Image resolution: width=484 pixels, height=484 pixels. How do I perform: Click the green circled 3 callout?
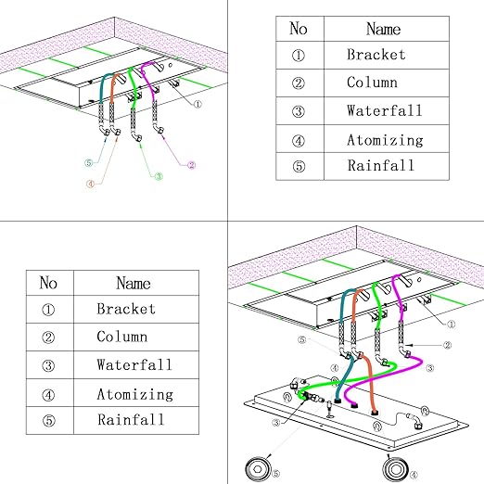pos(159,176)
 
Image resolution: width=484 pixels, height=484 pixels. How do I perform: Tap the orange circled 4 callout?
pos(90,185)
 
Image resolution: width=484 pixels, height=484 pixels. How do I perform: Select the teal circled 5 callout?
pos(89,162)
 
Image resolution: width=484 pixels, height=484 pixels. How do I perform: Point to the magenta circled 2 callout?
pos(192,165)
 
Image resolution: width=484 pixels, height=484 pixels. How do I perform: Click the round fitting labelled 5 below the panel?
pos(257,469)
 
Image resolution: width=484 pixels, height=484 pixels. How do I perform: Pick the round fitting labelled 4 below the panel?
pos(395,469)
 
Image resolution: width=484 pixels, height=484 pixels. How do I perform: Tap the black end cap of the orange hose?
pos(375,413)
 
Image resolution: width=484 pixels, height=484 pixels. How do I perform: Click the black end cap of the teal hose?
pos(338,401)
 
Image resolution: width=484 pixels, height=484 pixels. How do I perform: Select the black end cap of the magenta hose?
pos(353,405)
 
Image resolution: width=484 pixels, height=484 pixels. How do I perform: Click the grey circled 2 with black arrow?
pos(447,345)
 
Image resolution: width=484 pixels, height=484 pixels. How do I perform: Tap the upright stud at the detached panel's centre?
pos(330,409)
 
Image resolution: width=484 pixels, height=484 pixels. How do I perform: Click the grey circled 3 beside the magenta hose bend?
pos(430,368)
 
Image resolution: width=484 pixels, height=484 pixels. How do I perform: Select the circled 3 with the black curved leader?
pos(276,423)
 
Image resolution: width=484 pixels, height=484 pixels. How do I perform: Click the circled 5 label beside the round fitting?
pos(275,473)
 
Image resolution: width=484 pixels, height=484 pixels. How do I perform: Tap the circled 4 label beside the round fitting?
pos(414,475)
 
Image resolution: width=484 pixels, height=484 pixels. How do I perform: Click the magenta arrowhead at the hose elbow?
pos(162,134)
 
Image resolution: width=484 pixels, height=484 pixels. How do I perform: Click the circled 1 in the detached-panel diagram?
pos(451,325)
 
